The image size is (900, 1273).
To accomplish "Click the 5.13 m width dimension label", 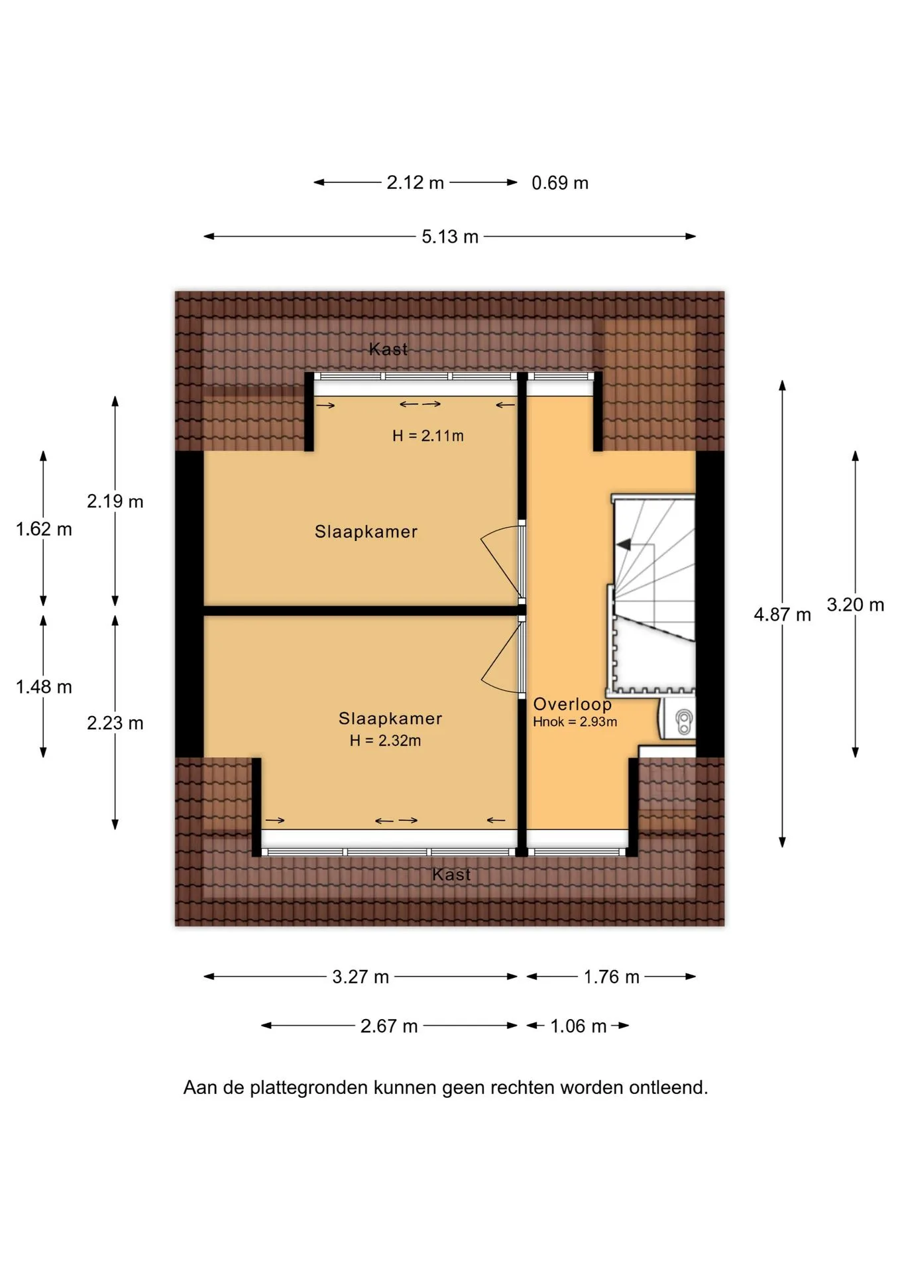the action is pyautogui.click(x=450, y=237).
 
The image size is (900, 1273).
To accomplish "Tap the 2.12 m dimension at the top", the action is pyautogui.click(x=415, y=183).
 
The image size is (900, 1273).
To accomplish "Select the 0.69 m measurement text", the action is pyautogui.click(x=560, y=183).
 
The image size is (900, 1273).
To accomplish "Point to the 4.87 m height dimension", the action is pyautogui.click(x=782, y=615).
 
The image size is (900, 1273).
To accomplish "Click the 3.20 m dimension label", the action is pyautogui.click(x=855, y=605).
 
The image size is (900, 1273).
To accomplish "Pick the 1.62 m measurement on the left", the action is pyautogui.click(x=44, y=529).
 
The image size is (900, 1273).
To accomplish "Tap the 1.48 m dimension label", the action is pyautogui.click(x=44, y=687).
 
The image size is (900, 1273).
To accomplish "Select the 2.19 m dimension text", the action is pyautogui.click(x=115, y=501).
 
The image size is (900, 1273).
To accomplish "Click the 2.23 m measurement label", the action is pyautogui.click(x=115, y=723).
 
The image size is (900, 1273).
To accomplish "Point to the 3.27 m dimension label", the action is pyautogui.click(x=361, y=977).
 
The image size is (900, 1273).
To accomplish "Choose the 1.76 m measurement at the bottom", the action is pyautogui.click(x=611, y=977).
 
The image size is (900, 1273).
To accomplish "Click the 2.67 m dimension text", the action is pyautogui.click(x=389, y=1026).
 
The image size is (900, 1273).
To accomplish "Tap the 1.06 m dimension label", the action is pyautogui.click(x=579, y=1026).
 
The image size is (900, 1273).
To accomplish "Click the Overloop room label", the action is pyautogui.click(x=573, y=705).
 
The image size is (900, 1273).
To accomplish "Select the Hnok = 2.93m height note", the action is pyautogui.click(x=575, y=722).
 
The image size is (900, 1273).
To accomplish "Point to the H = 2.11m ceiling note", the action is pyautogui.click(x=428, y=436).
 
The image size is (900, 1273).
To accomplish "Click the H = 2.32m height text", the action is pyautogui.click(x=386, y=741).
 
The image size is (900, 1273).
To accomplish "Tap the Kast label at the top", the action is pyautogui.click(x=388, y=349).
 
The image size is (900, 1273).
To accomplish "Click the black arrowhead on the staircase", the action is pyautogui.click(x=623, y=545).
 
